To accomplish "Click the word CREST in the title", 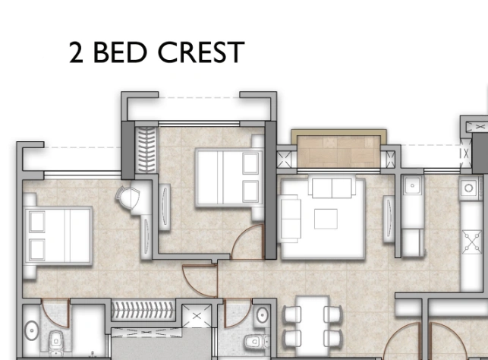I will [x=201, y=53].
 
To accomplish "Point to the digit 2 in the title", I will [x=77, y=53].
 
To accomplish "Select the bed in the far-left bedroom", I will [x=58, y=235].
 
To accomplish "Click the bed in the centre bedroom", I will [x=228, y=178].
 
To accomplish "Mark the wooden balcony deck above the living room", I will [x=339, y=148].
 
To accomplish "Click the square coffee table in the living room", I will [x=326, y=218].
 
